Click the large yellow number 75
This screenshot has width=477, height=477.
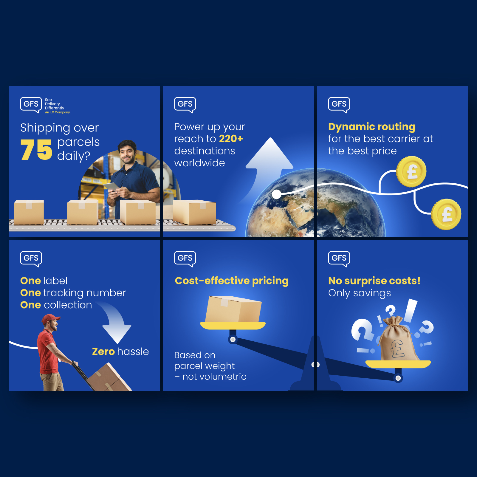(36, 150)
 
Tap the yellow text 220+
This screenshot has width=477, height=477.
(231, 139)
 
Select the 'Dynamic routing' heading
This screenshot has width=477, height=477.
(372, 127)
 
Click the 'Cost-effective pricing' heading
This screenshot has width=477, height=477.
(232, 281)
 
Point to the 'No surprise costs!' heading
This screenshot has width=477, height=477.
(374, 281)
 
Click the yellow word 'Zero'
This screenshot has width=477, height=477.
(103, 352)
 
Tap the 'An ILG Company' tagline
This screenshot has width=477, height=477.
(57, 112)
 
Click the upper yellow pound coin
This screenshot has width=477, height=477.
(411, 172)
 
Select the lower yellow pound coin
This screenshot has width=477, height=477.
(446, 214)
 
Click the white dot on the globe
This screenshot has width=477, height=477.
(277, 194)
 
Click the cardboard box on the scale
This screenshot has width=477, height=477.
(233, 309)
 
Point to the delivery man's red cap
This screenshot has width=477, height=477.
(50, 319)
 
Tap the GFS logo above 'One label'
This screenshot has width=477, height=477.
(31, 259)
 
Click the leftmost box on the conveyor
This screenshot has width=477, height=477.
(29, 212)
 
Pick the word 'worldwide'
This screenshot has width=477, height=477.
(199, 163)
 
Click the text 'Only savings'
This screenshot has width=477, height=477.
(360, 293)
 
